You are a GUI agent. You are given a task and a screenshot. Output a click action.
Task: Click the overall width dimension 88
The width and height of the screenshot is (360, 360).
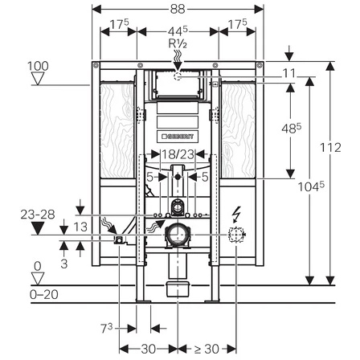[x=178, y=9]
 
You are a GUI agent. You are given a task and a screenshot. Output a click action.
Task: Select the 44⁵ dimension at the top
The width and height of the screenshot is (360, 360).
[x=178, y=31]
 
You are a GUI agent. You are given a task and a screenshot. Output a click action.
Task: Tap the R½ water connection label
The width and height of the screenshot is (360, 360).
[x=178, y=43]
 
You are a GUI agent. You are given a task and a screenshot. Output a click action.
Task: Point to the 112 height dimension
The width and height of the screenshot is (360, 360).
[x=331, y=148]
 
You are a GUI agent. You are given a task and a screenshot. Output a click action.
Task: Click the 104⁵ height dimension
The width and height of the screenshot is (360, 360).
[x=311, y=186]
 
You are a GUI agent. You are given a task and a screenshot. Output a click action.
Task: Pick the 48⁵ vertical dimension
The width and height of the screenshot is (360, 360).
[x=292, y=129]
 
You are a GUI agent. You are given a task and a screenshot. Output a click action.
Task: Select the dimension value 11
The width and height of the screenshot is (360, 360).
[x=289, y=73]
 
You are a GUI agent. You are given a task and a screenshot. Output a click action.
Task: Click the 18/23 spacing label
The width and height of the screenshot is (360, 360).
[x=178, y=154]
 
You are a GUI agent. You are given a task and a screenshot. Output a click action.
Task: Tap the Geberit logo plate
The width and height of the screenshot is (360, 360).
[x=178, y=136]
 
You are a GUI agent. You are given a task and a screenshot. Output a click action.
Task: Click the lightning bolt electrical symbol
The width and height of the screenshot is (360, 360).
[x=238, y=214]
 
